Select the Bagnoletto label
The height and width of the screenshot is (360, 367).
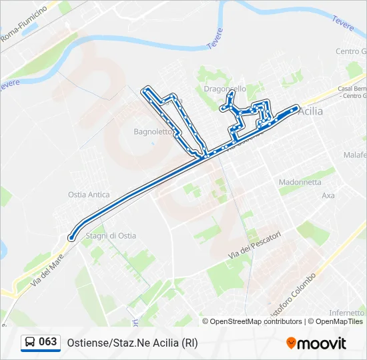[153, 132]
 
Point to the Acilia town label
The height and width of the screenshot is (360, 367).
[311, 111]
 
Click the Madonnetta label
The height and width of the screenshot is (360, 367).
[300, 182]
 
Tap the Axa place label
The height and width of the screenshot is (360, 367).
[328, 196]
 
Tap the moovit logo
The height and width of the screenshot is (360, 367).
[316, 343]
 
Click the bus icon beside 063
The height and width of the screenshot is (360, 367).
[30, 343]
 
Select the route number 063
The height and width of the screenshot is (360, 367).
[48, 342]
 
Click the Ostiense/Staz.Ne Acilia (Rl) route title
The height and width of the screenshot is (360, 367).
[132, 343]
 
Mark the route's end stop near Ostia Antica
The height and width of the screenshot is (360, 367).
[71, 236]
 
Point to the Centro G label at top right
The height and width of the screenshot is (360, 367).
[350, 51]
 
